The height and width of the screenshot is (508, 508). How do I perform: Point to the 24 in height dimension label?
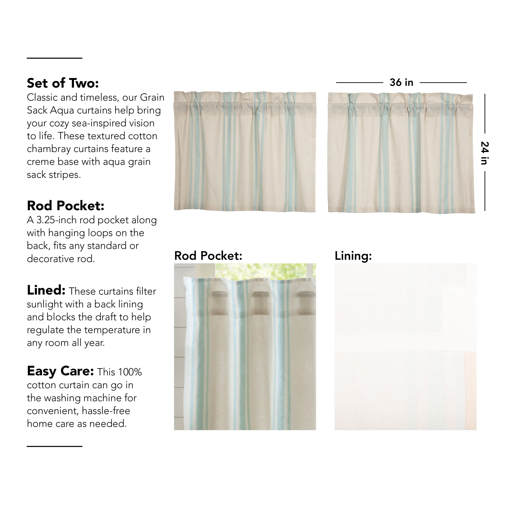pos(484,153)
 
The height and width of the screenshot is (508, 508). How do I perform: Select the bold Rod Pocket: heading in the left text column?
pos(66,206)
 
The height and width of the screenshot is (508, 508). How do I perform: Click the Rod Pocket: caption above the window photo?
pos(208,256)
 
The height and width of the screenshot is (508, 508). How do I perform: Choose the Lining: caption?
pos(353,256)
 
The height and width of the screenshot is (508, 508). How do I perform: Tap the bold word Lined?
pos(46,290)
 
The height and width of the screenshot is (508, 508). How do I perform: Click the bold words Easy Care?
pos(60,371)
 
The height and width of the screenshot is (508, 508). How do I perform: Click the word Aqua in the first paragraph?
pos(60,110)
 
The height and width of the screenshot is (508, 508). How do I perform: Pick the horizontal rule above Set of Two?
pos(54,58)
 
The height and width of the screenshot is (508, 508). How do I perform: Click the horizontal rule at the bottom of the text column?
pos(54,446)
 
